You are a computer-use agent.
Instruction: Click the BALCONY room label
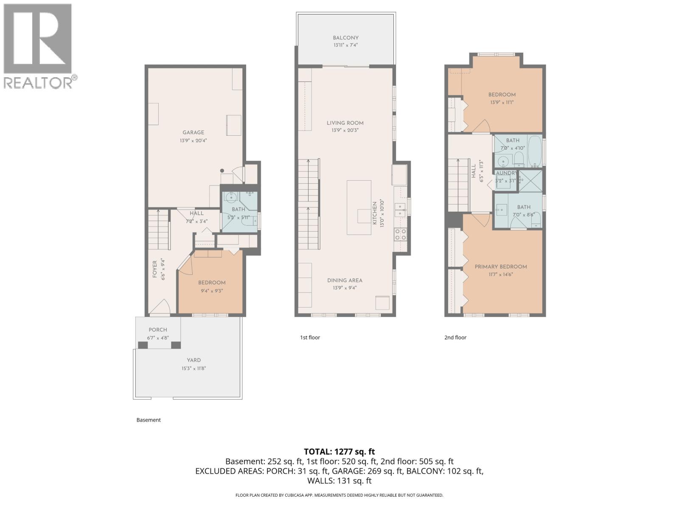345,38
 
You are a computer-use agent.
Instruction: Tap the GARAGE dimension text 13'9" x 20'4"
193,140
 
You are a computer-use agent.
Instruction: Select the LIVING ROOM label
345,123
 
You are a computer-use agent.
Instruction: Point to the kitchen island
359,207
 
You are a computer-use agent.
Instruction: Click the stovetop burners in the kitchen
400,234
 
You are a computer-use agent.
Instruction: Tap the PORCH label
158,330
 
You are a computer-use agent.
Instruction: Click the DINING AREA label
345,280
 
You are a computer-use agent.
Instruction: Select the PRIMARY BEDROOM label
501,267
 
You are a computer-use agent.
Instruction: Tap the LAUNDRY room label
506,173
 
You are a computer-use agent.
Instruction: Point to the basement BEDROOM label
212,283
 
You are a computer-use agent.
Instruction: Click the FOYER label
154,269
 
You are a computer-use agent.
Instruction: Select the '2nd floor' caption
455,338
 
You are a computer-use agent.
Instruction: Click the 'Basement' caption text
149,420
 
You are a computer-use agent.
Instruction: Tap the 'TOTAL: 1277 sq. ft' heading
339,452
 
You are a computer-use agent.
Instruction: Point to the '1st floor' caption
310,338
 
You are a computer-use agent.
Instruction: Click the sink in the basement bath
231,197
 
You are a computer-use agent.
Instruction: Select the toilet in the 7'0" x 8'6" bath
536,219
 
